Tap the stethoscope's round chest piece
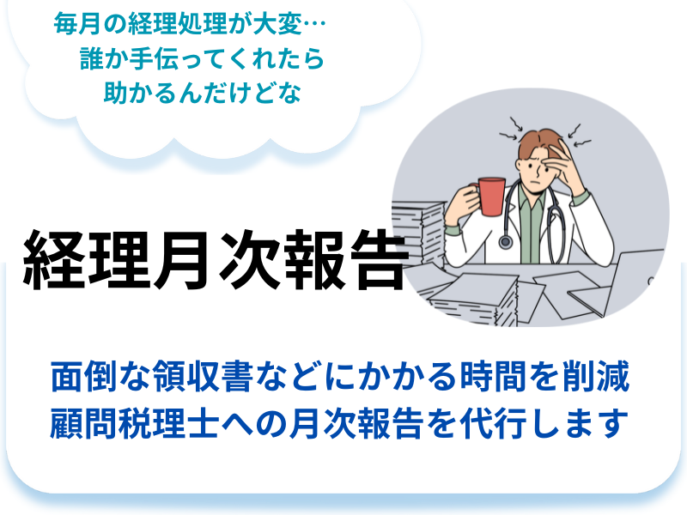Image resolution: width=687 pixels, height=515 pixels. [x=505, y=242]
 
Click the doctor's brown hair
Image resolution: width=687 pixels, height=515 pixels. [x=539, y=142]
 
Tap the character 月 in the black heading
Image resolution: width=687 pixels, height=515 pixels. [x=180, y=261]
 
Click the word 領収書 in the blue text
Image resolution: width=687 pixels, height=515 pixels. [x=203, y=376]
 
